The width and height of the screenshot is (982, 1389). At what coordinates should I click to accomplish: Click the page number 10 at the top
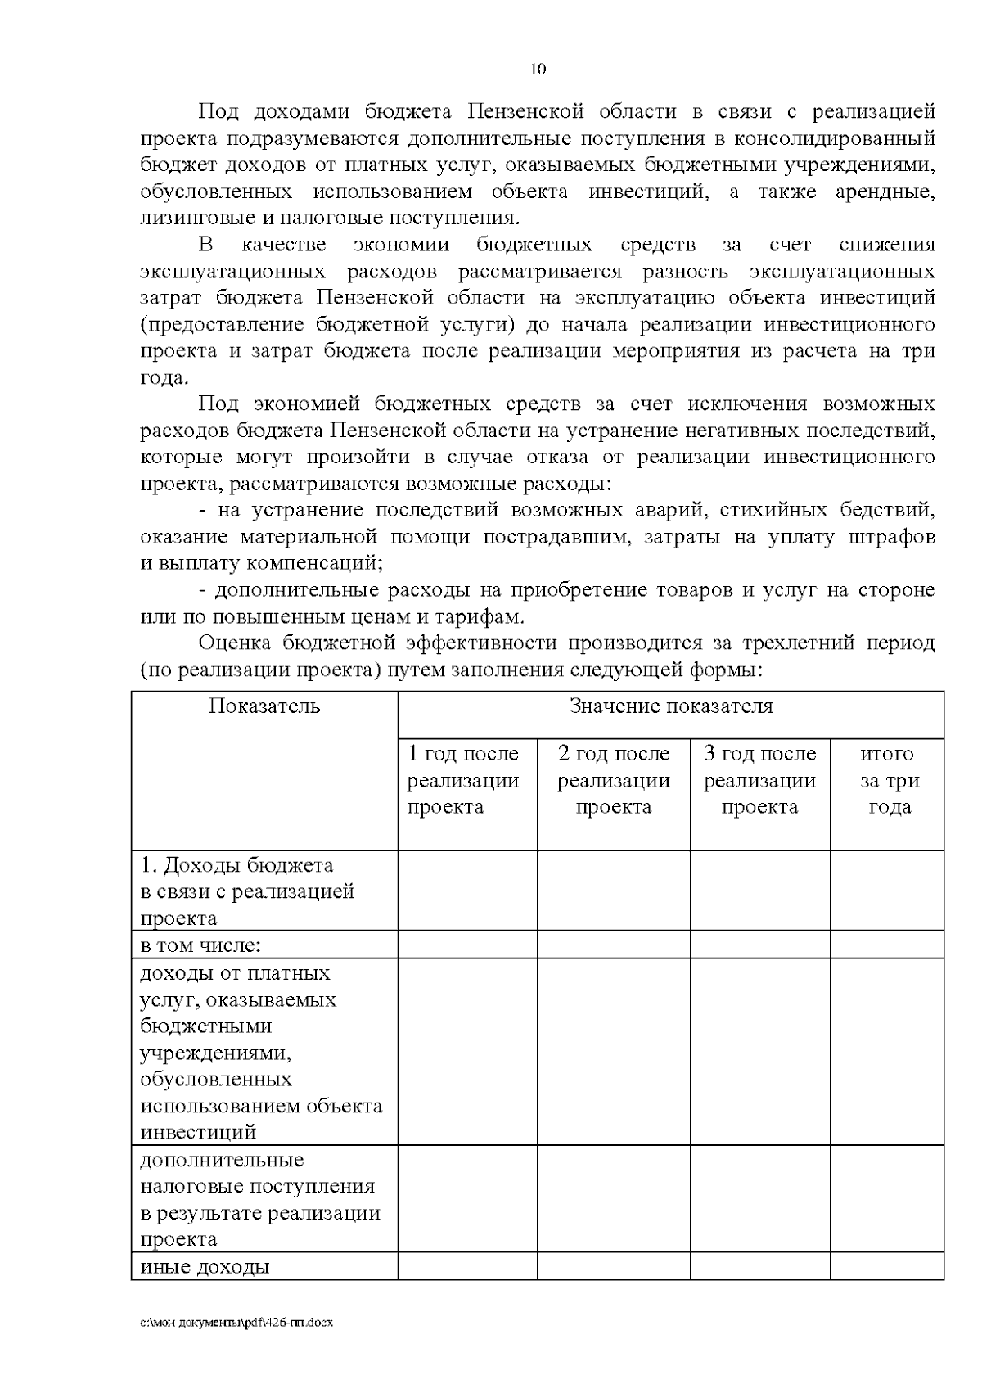coord(538,69)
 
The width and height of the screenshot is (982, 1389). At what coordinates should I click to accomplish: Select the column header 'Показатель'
coord(264,706)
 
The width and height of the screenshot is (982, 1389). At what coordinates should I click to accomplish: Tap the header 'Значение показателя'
coord(670,706)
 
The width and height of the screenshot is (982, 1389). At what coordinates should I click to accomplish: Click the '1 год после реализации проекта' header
coord(463,780)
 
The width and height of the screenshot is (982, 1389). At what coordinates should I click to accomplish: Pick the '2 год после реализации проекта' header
coord(614,780)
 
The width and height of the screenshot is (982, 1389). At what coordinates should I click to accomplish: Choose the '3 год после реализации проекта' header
coord(760,780)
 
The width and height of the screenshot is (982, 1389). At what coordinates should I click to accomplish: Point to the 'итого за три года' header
coord(888,780)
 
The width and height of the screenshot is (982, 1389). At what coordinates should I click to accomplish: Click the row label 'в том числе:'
coord(200,945)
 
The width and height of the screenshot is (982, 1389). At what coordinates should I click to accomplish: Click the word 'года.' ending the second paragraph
coord(164,377)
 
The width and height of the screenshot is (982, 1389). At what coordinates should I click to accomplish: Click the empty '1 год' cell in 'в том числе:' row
coord(467,945)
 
